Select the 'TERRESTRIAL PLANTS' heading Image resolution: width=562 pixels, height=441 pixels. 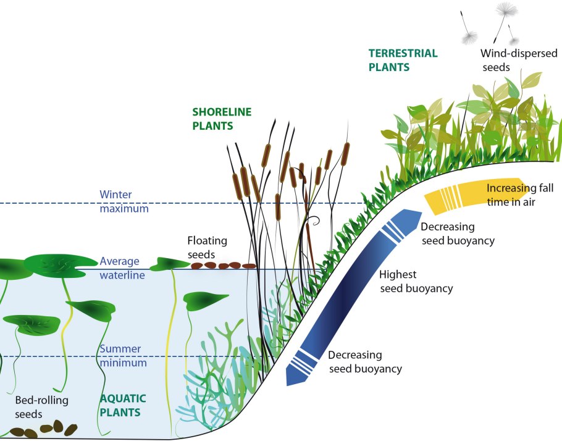pos(403,60)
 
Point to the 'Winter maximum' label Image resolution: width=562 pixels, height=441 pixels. pos(124,201)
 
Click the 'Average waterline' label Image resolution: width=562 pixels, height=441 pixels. pos(122,268)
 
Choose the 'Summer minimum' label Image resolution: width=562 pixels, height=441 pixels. pos(122,355)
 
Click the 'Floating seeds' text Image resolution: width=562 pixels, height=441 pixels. pos(207,247)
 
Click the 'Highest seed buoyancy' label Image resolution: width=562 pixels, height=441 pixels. pos(416,281)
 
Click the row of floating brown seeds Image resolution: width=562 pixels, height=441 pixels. pos(222,266)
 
